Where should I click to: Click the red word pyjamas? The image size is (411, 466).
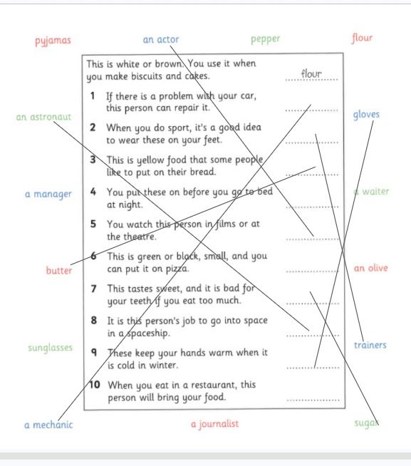(53, 41)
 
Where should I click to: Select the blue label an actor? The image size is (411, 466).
(161, 39)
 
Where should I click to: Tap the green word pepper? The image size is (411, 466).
(266, 39)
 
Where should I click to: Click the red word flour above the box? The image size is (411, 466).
(362, 38)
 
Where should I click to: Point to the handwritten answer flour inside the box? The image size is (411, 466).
(311, 73)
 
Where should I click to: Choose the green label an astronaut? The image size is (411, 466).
(43, 117)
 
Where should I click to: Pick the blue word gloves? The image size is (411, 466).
(366, 115)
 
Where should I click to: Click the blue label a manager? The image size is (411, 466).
(48, 195)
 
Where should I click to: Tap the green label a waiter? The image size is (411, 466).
(371, 192)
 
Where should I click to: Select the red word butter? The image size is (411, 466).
(59, 270)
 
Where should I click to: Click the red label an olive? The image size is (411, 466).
(370, 268)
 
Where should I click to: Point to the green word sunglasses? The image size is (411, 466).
(51, 348)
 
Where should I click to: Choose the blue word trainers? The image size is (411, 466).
(370, 345)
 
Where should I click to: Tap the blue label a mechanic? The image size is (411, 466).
(48, 425)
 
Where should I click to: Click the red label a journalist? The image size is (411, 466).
(215, 424)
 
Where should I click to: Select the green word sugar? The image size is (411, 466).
(366, 423)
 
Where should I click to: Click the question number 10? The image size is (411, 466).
(95, 385)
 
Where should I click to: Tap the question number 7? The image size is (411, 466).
(93, 289)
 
